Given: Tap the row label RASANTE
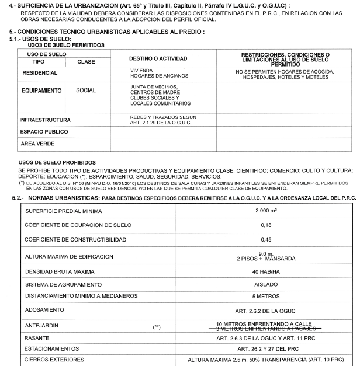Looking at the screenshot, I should pos(37,338).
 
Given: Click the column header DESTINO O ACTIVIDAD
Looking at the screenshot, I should pos(158,58).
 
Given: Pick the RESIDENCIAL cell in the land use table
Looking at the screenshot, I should pos(40,73).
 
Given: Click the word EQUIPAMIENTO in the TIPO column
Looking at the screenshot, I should pos(41,90).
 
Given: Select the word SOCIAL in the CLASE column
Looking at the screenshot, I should pos(86,90).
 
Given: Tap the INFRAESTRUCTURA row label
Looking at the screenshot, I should pos(45,120).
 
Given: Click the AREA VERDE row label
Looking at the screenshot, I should pos(37,144).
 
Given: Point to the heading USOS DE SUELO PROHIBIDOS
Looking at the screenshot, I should pos(57,162).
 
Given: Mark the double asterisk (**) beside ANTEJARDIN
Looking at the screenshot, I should pos(156,326).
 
